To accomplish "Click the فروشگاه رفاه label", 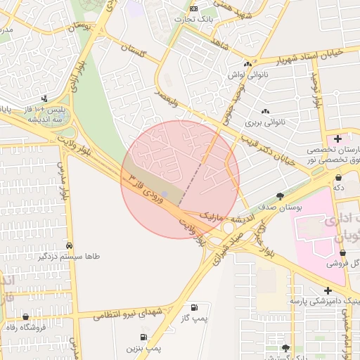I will tap(26, 328).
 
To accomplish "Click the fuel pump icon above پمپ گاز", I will tap(195, 307).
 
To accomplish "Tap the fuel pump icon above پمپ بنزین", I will tap(143, 337).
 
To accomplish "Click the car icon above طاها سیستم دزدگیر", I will tap(69, 245).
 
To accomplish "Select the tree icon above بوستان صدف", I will tap(281, 196).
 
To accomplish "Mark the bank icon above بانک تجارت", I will tap(193, 8).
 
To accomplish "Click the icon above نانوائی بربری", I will tap(265, 111).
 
